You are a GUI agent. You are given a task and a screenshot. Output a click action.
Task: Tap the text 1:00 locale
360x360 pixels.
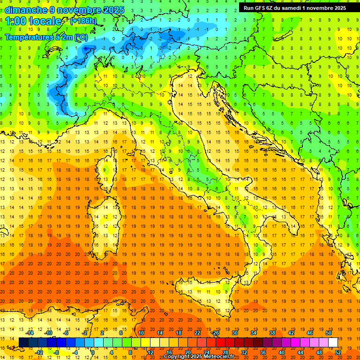pyautogui.click(x=34, y=21)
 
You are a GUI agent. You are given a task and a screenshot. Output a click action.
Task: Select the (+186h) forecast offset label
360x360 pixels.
pyautogui.click(x=84, y=21)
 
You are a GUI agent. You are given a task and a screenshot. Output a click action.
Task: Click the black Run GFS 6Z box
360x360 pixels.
pyautogui.click(x=294, y=7)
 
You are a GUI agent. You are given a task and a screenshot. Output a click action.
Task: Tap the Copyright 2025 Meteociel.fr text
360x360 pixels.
pyautogui.click(x=200, y=357)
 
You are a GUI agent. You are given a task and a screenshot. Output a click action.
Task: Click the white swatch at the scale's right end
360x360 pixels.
pyautogui.click(x=333, y=343)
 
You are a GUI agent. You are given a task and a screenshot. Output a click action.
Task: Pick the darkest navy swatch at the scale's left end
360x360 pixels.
pyautogui.click(x=23, y=343)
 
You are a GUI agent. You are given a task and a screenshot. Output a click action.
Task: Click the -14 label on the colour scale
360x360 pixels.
pyautogui.click(x=30, y=333)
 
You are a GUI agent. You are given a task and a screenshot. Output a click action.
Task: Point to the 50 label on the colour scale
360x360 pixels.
pyautogui.click(x=329, y=333)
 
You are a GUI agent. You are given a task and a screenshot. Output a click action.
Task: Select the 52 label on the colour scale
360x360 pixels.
pyautogui.click(x=337, y=352)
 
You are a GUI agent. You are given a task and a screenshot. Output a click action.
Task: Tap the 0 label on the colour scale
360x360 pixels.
pyautogui.click(x=93, y=352)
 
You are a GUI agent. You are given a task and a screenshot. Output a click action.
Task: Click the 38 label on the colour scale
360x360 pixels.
pyautogui.click(x=272, y=333)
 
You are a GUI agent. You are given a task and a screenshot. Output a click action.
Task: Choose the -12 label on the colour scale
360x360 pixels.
pyautogui.click(x=39, y=352)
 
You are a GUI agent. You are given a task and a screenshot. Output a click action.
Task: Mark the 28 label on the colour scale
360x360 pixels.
pyautogui.click(x=225, y=352)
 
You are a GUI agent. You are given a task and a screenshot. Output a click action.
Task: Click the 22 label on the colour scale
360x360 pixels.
pyautogui.click(x=197, y=333)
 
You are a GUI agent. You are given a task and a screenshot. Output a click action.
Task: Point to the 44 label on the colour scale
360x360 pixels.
pyautogui.click(x=300, y=352)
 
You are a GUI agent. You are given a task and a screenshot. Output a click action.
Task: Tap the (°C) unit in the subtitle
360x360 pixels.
pyautogui.click(x=80, y=37)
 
